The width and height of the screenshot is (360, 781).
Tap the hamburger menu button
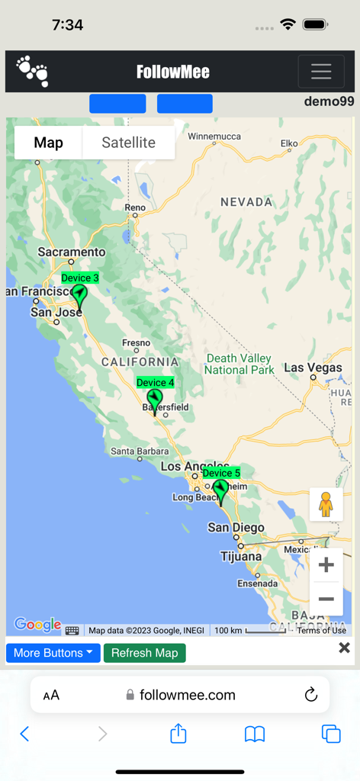[x=321, y=72]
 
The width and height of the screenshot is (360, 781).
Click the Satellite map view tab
[x=128, y=143]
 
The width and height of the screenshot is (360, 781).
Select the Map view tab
[x=49, y=143]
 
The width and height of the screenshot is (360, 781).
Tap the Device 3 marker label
[x=80, y=278]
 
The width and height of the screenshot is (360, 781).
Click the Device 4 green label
[x=155, y=382]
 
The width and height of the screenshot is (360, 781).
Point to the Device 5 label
[x=221, y=473]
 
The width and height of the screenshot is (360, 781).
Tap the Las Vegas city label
[x=313, y=368]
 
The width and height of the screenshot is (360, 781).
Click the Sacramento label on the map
[x=72, y=252]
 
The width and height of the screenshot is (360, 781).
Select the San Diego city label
[x=236, y=528]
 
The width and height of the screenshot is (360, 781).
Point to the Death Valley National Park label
[x=239, y=364]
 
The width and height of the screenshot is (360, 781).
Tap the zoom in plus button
[x=326, y=565]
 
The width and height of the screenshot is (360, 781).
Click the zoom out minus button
[x=326, y=599]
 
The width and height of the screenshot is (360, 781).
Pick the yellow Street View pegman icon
[x=326, y=505]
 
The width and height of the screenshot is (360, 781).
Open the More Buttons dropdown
[x=53, y=653]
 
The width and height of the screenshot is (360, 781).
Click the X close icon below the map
[x=344, y=648]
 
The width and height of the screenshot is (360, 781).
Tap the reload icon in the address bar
[x=310, y=695]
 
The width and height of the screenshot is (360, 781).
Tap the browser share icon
[x=178, y=734]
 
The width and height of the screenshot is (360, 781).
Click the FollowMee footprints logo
[x=33, y=71]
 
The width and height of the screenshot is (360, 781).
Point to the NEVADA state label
[x=246, y=202]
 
